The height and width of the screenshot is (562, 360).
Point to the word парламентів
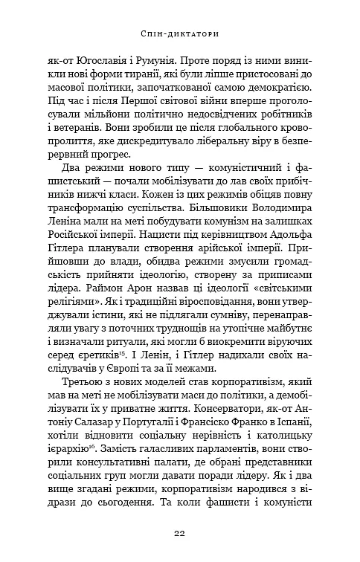coord(202,471)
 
